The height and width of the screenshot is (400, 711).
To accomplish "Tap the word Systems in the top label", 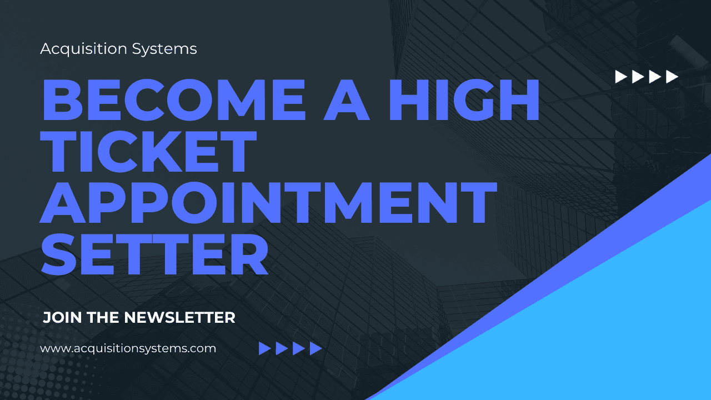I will pyautogui.click(x=164, y=49).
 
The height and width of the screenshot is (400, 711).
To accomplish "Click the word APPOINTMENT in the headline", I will pyautogui.click(x=268, y=203).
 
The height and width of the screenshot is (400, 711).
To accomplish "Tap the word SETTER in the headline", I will pyautogui.click(x=154, y=254).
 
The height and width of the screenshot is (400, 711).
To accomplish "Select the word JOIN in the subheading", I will pyautogui.click(x=60, y=318).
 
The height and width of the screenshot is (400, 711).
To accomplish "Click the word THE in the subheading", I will pyautogui.click(x=102, y=318).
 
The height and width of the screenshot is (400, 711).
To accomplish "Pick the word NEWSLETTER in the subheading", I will pyautogui.click(x=179, y=318).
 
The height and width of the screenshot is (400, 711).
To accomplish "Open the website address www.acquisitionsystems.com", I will pyautogui.click(x=128, y=349).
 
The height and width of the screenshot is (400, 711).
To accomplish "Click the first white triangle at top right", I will pyautogui.click(x=620, y=77).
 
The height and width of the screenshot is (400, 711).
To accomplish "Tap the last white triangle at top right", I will pyautogui.click(x=672, y=77).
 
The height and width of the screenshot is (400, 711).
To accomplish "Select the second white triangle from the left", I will pyautogui.click(x=638, y=77).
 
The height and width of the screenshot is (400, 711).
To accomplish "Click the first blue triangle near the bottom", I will pyautogui.click(x=264, y=348).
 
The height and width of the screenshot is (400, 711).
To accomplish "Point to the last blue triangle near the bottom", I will pyautogui.click(x=316, y=348).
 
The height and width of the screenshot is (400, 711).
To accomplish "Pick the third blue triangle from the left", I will pyautogui.click(x=299, y=348).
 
